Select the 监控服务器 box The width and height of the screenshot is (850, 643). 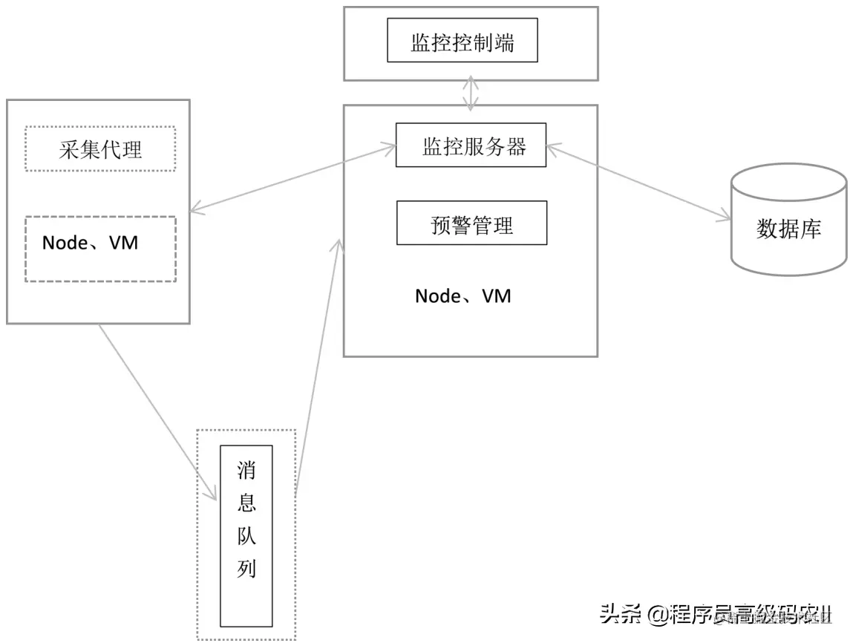point(471,145)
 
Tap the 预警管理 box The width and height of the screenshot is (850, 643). point(471,223)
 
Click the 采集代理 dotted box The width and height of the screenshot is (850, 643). point(100,149)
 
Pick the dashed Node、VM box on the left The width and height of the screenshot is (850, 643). point(100,249)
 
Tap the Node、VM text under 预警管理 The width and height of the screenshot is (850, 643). point(463,296)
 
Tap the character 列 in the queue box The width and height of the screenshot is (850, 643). point(246,569)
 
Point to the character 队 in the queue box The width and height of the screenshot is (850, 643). point(246,536)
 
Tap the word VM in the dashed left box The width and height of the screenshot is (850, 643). point(123,243)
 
